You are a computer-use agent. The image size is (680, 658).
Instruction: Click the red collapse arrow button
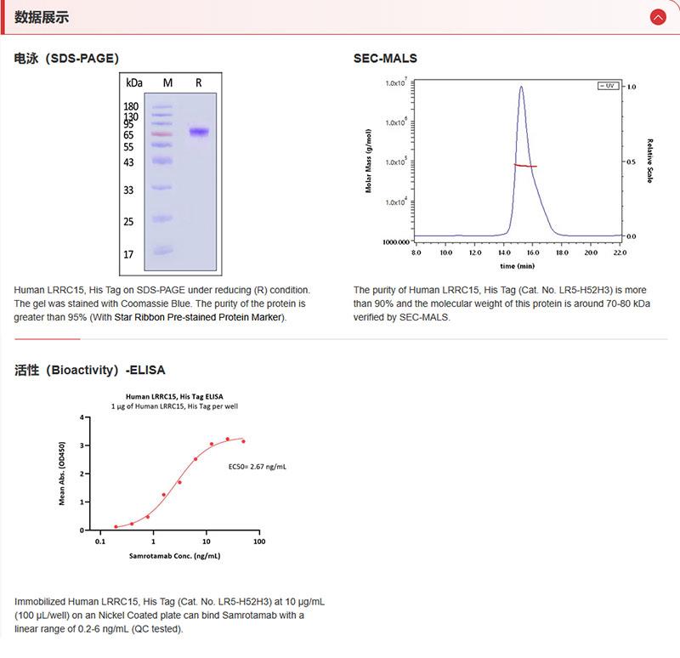click(x=657, y=16)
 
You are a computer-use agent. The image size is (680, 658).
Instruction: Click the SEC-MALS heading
click(x=385, y=59)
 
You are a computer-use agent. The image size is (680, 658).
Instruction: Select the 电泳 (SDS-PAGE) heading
click(x=66, y=59)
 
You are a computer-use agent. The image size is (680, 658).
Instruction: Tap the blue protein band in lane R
click(x=199, y=132)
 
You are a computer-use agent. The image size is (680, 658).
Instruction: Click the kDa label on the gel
click(x=133, y=83)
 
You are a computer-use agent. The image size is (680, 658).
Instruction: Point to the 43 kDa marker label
click(x=128, y=162)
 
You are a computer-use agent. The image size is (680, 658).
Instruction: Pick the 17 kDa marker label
click(x=128, y=254)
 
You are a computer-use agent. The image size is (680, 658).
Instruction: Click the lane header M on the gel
click(x=167, y=83)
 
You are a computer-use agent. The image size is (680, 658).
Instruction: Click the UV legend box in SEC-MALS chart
click(x=607, y=86)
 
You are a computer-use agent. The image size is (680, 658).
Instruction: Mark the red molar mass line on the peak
click(x=524, y=166)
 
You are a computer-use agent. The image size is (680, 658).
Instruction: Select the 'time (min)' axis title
click(x=518, y=266)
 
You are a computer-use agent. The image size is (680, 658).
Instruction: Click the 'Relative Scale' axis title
click(x=649, y=162)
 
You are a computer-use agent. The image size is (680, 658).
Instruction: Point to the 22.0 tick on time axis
click(x=619, y=252)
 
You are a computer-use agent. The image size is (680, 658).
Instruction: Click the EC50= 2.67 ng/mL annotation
click(x=258, y=466)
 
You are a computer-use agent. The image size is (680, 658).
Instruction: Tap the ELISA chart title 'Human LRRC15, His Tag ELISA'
click(x=176, y=396)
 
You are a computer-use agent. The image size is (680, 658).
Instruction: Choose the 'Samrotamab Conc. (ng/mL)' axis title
click(x=175, y=556)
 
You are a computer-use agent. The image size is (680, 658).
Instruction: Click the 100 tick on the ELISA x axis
click(x=258, y=542)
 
